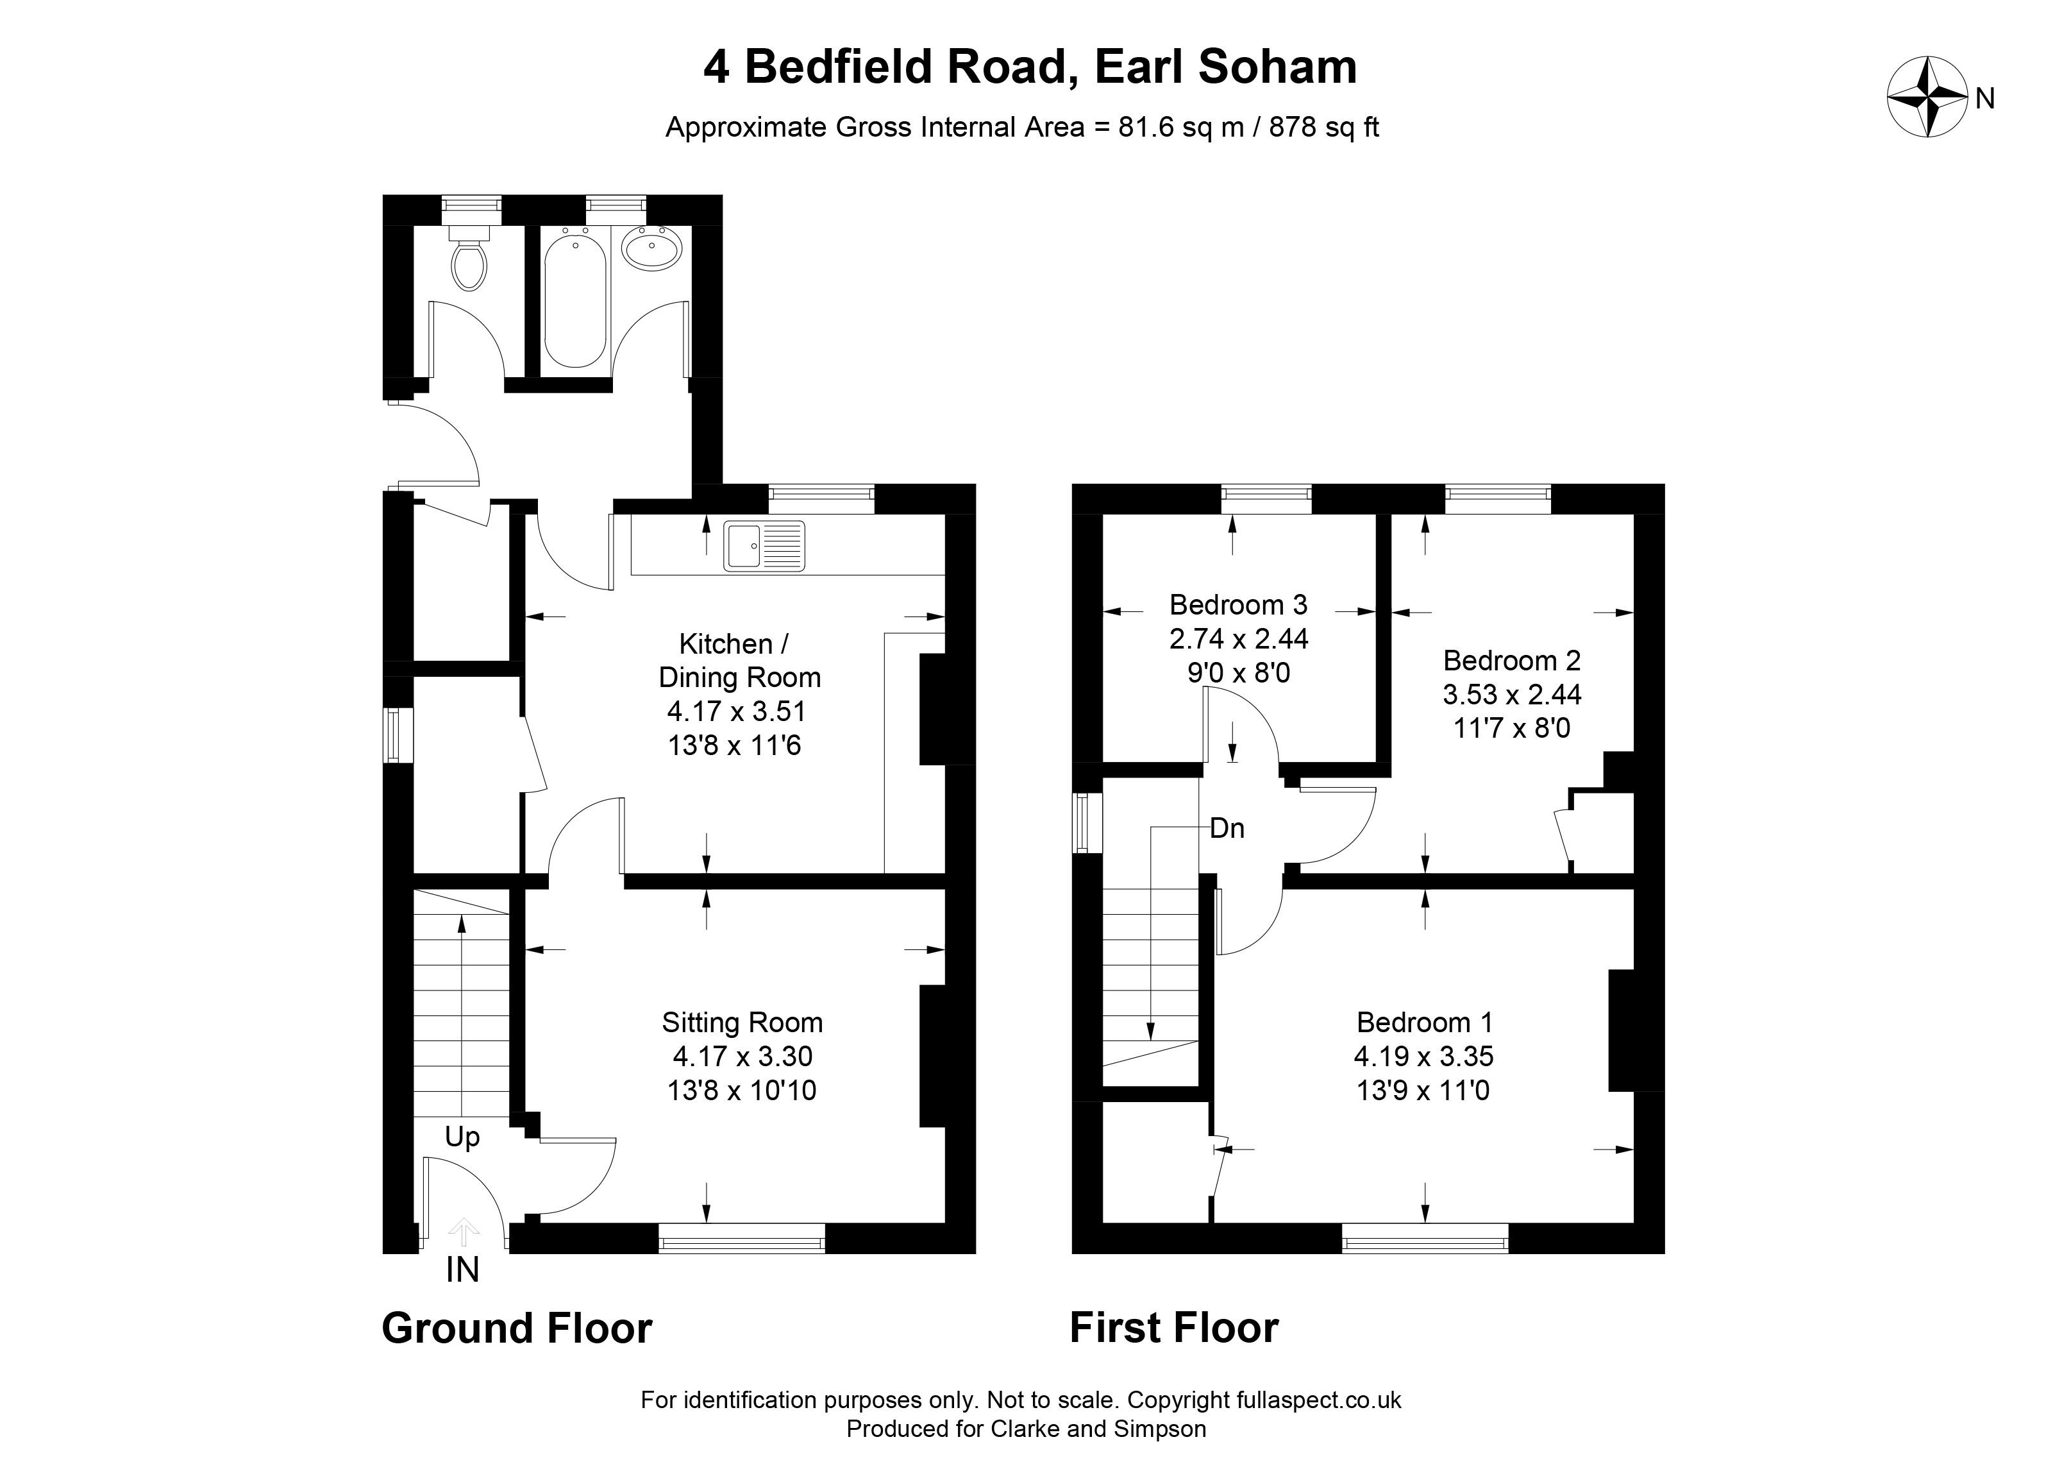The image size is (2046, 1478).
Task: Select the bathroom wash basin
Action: click(651, 247)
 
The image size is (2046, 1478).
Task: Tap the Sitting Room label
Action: click(742, 1023)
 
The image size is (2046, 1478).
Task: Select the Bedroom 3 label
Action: click(1239, 604)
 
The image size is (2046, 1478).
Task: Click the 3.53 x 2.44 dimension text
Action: click(1512, 694)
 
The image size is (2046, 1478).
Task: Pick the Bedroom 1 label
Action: click(1425, 1023)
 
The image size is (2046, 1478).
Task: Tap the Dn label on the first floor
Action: click(1227, 828)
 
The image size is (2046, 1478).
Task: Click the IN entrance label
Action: click(462, 1270)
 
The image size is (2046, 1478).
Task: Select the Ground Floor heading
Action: click(517, 1329)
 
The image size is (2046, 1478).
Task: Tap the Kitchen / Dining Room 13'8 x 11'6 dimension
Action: click(734, 746)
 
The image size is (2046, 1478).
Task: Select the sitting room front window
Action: click(742, 1238)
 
